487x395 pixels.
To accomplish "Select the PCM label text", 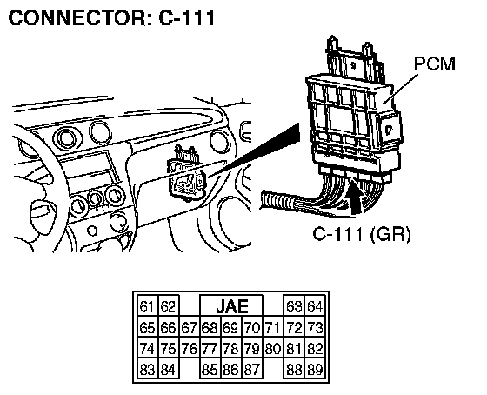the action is click(x=435, y=64).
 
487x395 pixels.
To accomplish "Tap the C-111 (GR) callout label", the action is click(x=361, y=234).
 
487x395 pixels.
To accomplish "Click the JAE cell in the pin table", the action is click(x=231, y=306).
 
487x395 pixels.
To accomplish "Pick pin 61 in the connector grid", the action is click(x=147, y=307).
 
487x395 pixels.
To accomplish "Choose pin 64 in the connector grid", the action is click(x=315, y=307).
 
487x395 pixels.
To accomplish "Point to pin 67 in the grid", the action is click(x=190, y=328).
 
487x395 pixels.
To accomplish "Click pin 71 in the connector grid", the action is click(x=273, y=328).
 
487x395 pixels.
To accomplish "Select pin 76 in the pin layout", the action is click(x=190, y=349).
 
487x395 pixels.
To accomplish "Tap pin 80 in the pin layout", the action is click(x=273, y=349).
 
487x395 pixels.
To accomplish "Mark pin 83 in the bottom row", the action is click(x=147, y=370).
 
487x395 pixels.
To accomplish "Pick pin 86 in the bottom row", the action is click(x=230, y=370).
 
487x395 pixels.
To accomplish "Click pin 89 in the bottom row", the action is click(x=315, y=370).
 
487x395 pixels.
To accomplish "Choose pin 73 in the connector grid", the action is click(x=315, y=328).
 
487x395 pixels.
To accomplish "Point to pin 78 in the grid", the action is click(x=230, y=349).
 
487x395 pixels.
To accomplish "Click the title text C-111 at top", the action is click(x=187, y=17).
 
